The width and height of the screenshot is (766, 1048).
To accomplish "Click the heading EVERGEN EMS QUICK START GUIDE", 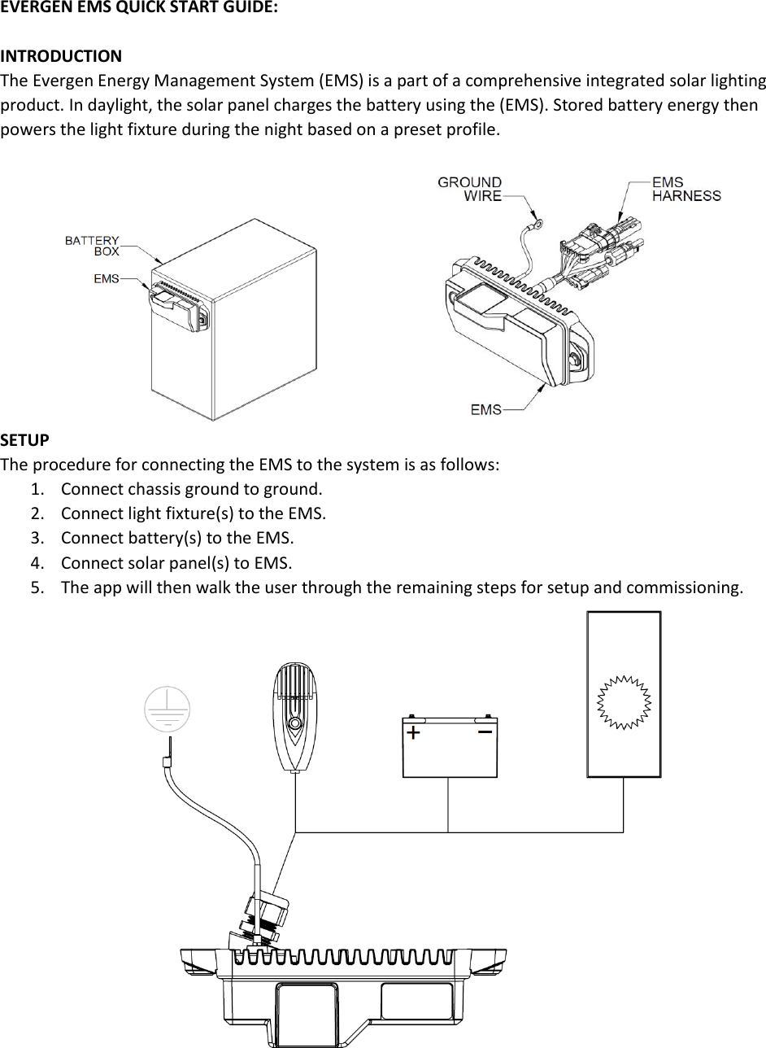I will click(138, 10).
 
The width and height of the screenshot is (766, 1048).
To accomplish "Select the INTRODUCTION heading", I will click(61, 57).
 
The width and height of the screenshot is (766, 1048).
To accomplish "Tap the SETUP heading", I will click(24, 440).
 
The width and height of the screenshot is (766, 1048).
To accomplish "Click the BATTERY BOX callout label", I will click(92, 246).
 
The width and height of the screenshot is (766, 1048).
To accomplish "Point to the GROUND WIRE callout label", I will click(470, 189).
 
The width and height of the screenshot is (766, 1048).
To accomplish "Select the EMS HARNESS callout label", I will click(686, 189).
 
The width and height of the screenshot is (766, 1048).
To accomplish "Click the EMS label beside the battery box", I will click(106, 278).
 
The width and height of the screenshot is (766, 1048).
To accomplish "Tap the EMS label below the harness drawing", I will click(486, 409).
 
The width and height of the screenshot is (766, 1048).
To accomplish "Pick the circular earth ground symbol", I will click(167, 708).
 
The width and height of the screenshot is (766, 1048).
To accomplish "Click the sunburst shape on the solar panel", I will click(625, 702).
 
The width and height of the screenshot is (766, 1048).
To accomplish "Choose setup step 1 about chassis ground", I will click(191, 490).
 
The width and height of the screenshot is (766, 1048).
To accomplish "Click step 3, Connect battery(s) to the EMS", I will click(177, 539).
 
